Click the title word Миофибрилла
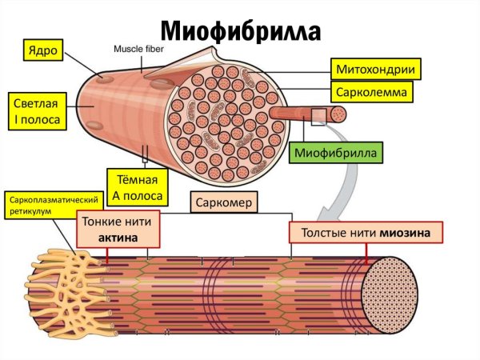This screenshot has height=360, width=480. point(241,30)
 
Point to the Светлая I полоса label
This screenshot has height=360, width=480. point(35,110)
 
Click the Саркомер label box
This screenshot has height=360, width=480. point(225,203)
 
